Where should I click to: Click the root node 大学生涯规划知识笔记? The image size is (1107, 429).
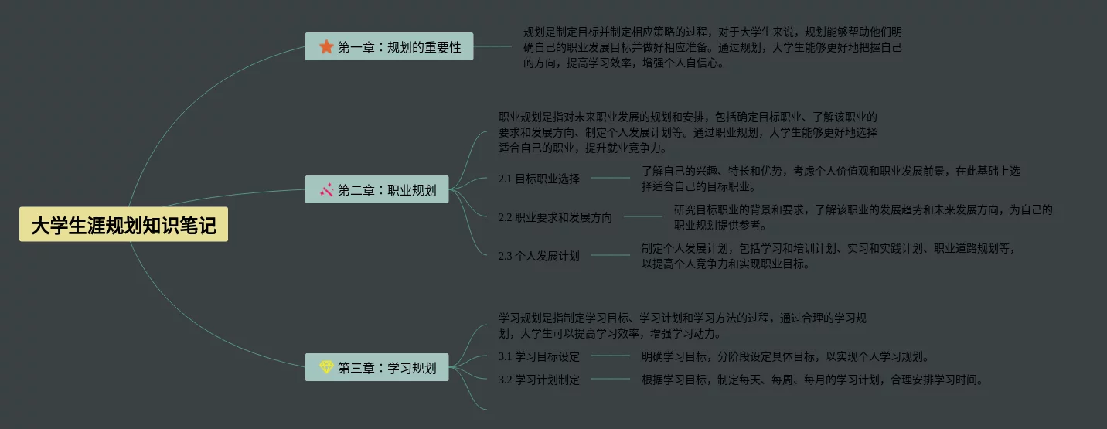[x=124, y=225]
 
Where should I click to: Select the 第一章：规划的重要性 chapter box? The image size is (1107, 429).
[x=389, y=47]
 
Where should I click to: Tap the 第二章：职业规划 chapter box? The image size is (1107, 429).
[x=376, y=189]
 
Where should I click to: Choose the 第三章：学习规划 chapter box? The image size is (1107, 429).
[x=376, y=367]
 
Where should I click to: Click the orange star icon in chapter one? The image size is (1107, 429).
[x=326, y=47]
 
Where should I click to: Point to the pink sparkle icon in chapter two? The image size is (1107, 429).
[x=326, y=189]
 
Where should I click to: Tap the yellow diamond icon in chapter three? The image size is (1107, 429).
[x=326, y=367]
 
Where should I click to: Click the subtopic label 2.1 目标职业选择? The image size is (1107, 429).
[x=538, y=179]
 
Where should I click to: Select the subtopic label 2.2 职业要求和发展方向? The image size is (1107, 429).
[x=554, y=217]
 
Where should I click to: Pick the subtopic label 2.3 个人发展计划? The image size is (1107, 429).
[x=538, y=256]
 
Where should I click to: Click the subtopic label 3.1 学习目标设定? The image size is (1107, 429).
[x=538, y=356]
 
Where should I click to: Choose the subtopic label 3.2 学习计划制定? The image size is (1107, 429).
[x=538, y=380]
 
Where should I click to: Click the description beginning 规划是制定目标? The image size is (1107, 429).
[x=712, y=47]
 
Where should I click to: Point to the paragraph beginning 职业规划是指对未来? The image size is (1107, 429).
[x=687, y=132]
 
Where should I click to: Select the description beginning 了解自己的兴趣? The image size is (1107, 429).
[x=830, y=179]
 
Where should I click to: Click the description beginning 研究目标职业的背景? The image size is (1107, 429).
[x=863, y=217]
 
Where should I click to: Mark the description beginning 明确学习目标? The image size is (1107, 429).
[x=785, y=356]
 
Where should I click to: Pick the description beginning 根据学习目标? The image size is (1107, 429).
[x=812, y=380]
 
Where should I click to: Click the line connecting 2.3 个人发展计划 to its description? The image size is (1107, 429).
[x=611, y=255]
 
